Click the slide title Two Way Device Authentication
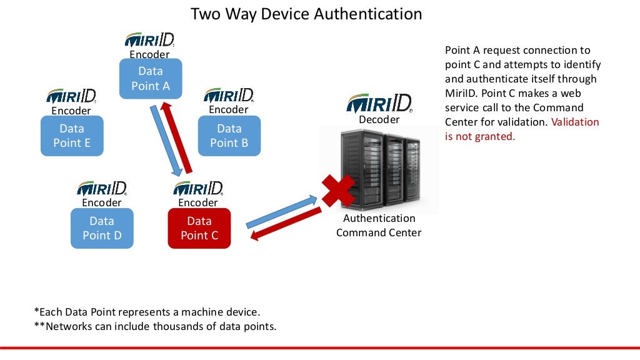[306, 14]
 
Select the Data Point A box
[151, 79]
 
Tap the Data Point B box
[229, 136]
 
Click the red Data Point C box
[199, 228]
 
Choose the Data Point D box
[102, 228]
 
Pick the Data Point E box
[72, 136]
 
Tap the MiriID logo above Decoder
[379, 103]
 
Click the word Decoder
[379, 119]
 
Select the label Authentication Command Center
[379, 226]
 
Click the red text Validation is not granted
[522, 129]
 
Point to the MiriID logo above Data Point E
[71, 96]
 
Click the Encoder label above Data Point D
[102, 202]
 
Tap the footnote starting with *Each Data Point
[147, 311]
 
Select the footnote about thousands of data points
[154, 326]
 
